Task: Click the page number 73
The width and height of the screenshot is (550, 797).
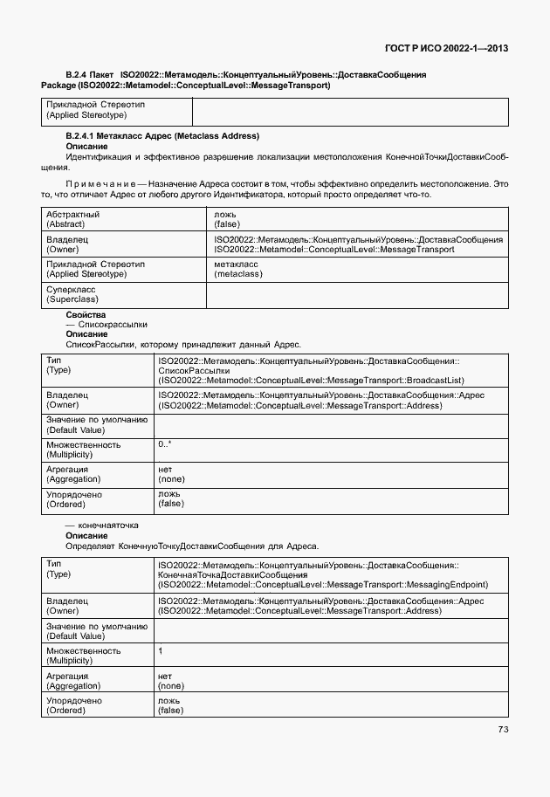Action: [x=503, y=730]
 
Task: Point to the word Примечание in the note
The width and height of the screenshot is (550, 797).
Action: [x=103, y=184]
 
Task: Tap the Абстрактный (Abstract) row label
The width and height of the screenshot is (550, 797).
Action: [x=72, y=219]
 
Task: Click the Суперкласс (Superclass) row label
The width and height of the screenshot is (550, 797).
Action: [x=71, y=293]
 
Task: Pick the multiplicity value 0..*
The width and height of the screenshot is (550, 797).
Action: [x=165, y=445]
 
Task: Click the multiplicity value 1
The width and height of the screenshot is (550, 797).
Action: [x=161, y=651]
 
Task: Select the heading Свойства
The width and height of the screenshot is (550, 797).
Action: [x=86, y=313]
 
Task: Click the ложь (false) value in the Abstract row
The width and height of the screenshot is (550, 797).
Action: [x=227, y=219]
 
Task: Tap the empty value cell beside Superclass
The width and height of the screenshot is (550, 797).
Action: [x=356, y=294]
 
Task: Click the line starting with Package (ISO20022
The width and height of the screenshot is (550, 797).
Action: [x=185, y=86]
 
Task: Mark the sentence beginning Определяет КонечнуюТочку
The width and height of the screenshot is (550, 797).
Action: [x=192, y=546]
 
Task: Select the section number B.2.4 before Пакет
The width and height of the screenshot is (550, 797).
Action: [x=79, y=76]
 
